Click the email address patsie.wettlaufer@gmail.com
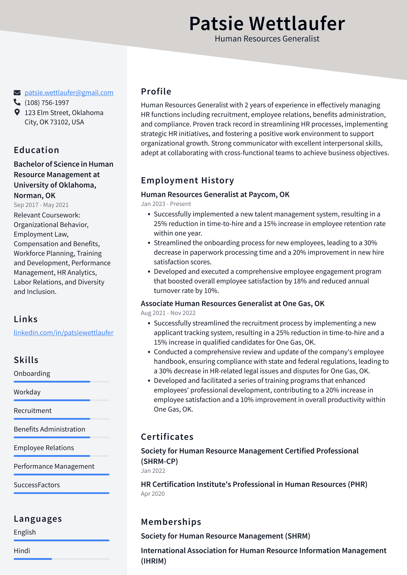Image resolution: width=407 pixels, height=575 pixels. tap(69, 93)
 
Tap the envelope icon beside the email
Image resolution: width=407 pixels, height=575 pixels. tap(17, 93)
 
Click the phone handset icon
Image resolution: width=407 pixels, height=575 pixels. tap(17, 102)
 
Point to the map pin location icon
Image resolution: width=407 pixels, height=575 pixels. tap(17, 112)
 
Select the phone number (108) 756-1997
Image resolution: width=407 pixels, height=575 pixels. tap(47, 103)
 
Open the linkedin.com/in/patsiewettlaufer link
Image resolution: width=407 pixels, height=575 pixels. tap(63, 333)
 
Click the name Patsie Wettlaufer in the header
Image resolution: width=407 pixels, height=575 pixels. tap(267, 24)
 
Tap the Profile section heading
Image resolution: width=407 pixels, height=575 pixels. tap(156, 91)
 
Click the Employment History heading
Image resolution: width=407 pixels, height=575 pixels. tap(187, 180)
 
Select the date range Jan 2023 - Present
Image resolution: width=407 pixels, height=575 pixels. tap(166, 204)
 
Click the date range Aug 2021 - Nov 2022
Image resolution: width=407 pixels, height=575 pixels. tap(168, 313)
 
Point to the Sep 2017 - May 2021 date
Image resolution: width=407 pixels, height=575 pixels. tap(41, 205)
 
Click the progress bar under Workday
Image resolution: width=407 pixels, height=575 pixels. tap(61, 400)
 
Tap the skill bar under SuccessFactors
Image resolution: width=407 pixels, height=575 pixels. tap(61, 493)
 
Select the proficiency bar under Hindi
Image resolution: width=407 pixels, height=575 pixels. tap(61, 559)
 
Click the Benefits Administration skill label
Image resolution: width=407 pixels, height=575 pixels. tap(49, 429)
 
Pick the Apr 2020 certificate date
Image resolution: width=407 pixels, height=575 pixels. tap(153, 494)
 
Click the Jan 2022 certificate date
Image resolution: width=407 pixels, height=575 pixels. tap(153, 471)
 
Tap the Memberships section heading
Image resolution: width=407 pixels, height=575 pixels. tap(171, 522)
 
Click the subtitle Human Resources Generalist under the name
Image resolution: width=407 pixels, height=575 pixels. tap(267, 39)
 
